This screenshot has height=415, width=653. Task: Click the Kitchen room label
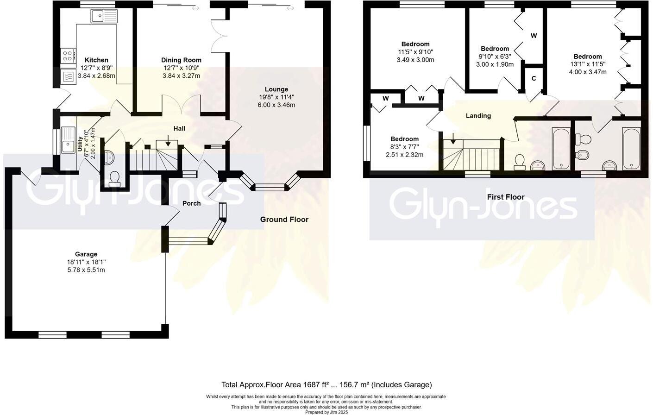pos(96,60)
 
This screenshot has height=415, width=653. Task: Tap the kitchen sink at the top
pos(104,17)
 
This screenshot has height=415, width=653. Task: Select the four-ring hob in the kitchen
pos(68,56)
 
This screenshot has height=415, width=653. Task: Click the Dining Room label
pos(181,60)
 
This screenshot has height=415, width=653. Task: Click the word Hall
pos(179,128)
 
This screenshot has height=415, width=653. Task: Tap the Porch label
pos(191,203)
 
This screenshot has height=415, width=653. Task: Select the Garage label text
pos(86,254)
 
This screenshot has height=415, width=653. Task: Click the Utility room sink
pos(68,140)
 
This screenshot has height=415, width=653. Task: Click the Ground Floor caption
pos(284,220)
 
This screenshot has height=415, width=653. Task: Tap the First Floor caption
pos(505,197)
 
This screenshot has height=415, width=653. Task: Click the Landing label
pos(478,116)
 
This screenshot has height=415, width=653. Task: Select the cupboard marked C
pos(534,78)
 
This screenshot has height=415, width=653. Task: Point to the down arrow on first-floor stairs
pos(453,138)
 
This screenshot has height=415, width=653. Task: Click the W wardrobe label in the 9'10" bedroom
pos(534,36)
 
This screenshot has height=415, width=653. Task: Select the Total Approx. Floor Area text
pos(326,384)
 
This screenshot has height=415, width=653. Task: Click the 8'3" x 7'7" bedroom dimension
pos(404,147)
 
